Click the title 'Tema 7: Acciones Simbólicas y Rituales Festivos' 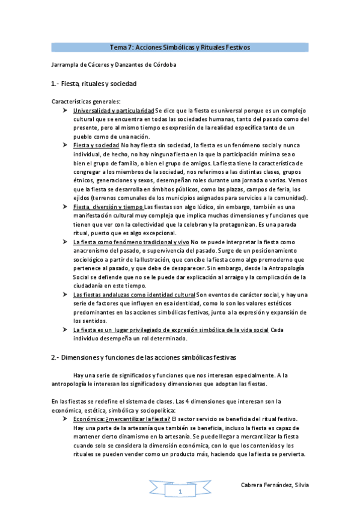coord(180,48)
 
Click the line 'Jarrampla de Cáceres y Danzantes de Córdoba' coord(115,64)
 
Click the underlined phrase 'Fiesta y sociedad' coord(96,145)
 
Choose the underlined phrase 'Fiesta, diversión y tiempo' coord(109,207)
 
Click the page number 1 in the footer coord(179,491)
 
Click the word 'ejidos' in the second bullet coord(81,198)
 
